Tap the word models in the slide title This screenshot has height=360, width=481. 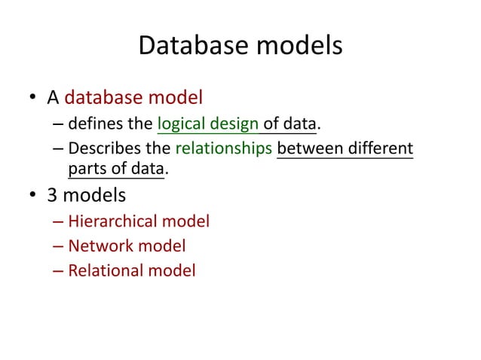click(298, 47)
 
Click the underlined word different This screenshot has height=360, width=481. click(380, 148)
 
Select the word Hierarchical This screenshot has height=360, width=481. click(114, 221)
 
